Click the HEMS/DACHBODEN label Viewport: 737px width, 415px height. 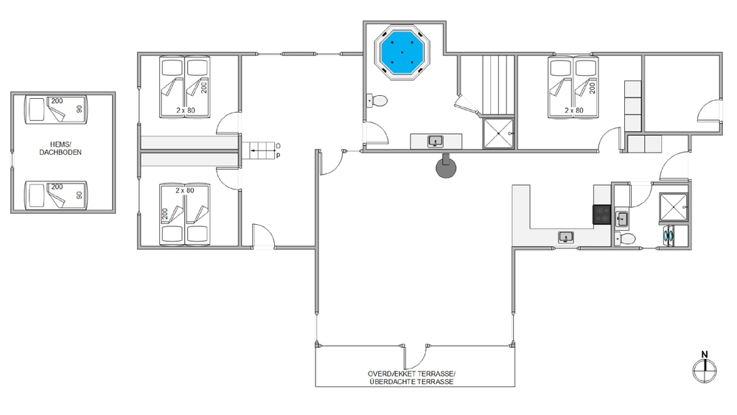click(60, 148)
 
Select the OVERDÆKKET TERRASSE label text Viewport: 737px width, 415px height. click(412, 374)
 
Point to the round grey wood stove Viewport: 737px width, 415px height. click(446, 167)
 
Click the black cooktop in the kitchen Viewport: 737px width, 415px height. click(601, 215)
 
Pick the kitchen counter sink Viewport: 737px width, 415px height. click(566, 237)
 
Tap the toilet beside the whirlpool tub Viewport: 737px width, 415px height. click(377, 100)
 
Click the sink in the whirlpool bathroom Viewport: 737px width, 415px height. click(436, 141)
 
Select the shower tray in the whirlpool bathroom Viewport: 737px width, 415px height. click(499, 133)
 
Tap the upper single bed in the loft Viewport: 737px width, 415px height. click(55, 110)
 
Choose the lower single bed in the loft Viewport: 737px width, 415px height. click(55, 195)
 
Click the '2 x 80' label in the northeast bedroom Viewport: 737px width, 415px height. click(574, 111)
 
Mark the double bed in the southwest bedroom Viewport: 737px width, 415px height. click(185, 215)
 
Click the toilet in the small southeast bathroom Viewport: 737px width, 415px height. click(625, 238)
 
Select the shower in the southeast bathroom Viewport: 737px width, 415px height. click(674, 207)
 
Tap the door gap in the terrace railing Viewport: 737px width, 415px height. click(415, 346)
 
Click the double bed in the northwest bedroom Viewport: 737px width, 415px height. click(185, 87)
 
